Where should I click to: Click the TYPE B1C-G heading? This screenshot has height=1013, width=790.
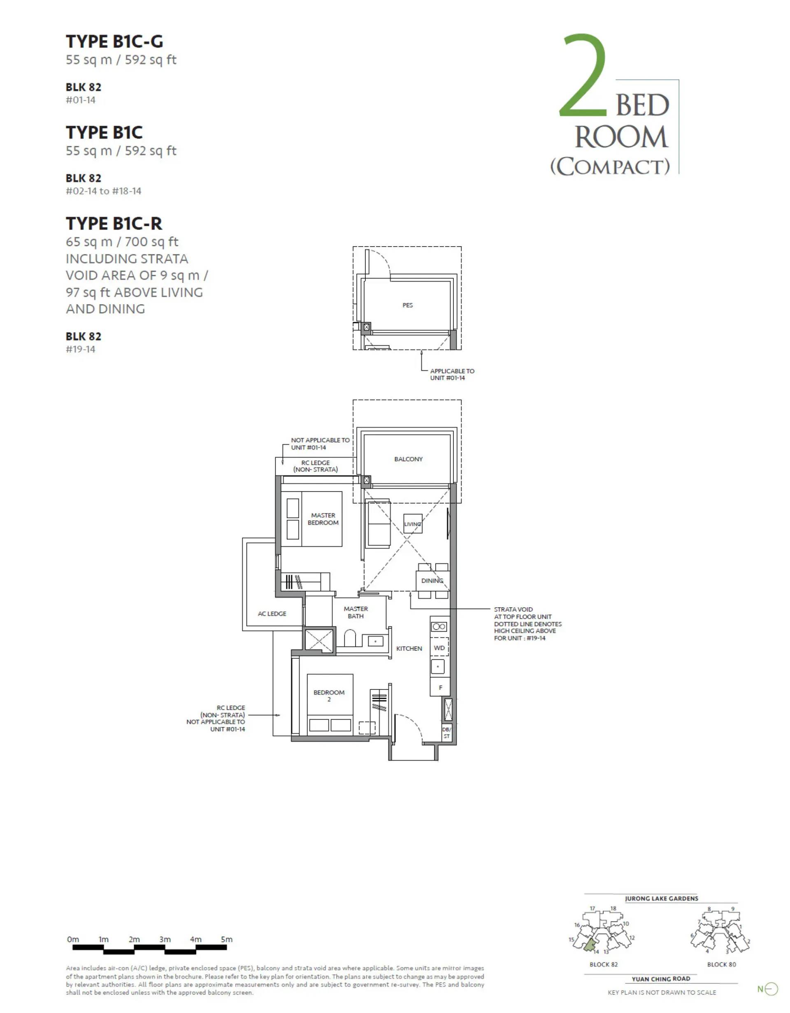[114, 42]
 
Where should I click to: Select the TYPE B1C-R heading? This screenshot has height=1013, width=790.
[114, 224]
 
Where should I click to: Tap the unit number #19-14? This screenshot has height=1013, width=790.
[81, 349]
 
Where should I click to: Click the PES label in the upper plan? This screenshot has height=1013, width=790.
[407, 305]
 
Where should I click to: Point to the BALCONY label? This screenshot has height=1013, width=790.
[409, 459]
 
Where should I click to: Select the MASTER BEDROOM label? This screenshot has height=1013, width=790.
[323, 519]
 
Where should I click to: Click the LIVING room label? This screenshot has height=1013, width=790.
[413, 524]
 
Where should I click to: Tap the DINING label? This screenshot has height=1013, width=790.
[432, 581]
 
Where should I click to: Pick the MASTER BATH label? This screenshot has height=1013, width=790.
[356, 612]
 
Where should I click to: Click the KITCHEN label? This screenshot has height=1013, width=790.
[409, 648]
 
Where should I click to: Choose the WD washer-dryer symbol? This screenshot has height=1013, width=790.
[439, 648]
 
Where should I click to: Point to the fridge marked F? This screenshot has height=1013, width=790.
[440, 687]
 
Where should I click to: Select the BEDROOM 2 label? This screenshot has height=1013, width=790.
[329, 696]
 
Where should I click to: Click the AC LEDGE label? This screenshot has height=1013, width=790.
[272, 614]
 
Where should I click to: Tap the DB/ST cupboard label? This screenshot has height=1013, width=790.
[446, 733]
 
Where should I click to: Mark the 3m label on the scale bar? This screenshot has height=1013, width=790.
[165, 939]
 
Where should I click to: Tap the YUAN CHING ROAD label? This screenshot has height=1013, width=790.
[661, 979]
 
